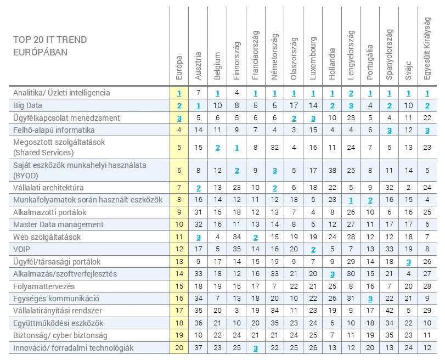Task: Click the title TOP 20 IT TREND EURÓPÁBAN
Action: pos(49,46)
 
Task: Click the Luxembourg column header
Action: pos(313,59)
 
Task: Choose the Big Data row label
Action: pos(28,105)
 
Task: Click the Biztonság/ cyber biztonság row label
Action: pos(60,335)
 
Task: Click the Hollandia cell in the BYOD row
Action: pos(332,170)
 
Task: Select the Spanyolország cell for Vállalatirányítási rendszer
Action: pos(389,311)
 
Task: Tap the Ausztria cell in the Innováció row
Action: pos(198,348)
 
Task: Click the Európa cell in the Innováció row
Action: pos(179,348)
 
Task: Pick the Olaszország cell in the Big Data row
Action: pos(294,105)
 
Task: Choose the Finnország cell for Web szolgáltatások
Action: pos(236,237)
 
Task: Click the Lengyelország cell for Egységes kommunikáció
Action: pos(351,299)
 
